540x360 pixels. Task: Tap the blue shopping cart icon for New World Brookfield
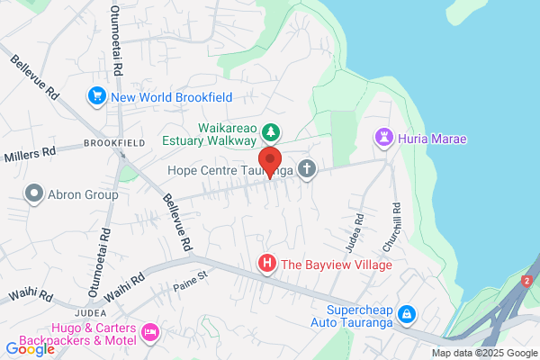click(96, 95)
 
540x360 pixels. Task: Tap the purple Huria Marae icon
click(383, 138)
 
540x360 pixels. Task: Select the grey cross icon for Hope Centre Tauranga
click(308, 168)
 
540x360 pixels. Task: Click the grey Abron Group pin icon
click(35, 193)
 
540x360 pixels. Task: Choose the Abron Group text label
click(85, 193)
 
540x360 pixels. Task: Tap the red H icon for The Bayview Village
click(267, 264)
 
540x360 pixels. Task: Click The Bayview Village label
click(336, 265)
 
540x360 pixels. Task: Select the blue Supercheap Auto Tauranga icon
click(408, 313)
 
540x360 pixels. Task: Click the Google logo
click(30, 348)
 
